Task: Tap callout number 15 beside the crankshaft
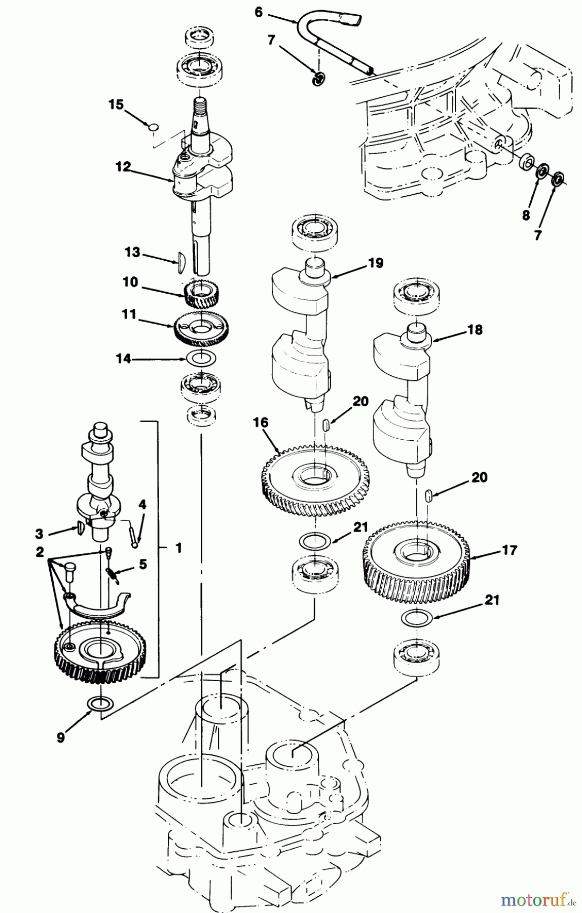(x=116, y=104)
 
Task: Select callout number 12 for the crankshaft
(x=123, y=166)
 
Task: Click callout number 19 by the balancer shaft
(x=376, y=263)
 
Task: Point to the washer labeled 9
(x=100, y=704)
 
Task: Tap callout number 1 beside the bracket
(x=178, y=548)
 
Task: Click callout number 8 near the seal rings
(x=526, y=215)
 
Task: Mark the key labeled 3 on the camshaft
(x=82, y=529)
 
